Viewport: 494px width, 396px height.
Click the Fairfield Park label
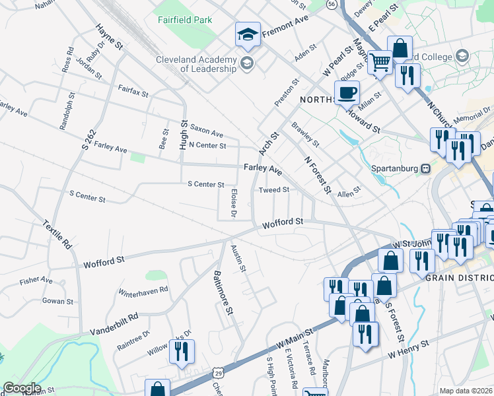185,20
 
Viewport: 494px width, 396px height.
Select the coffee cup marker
347,92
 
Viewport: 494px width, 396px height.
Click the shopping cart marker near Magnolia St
380,63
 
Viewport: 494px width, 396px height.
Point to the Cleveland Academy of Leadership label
196,64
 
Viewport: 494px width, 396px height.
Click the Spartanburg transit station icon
425,168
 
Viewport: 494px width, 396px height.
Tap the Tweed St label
274,190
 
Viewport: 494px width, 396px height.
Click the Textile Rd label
58,234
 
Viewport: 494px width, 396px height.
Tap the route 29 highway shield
217,374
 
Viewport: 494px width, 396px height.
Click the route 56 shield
331,5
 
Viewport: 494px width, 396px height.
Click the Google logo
21,388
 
